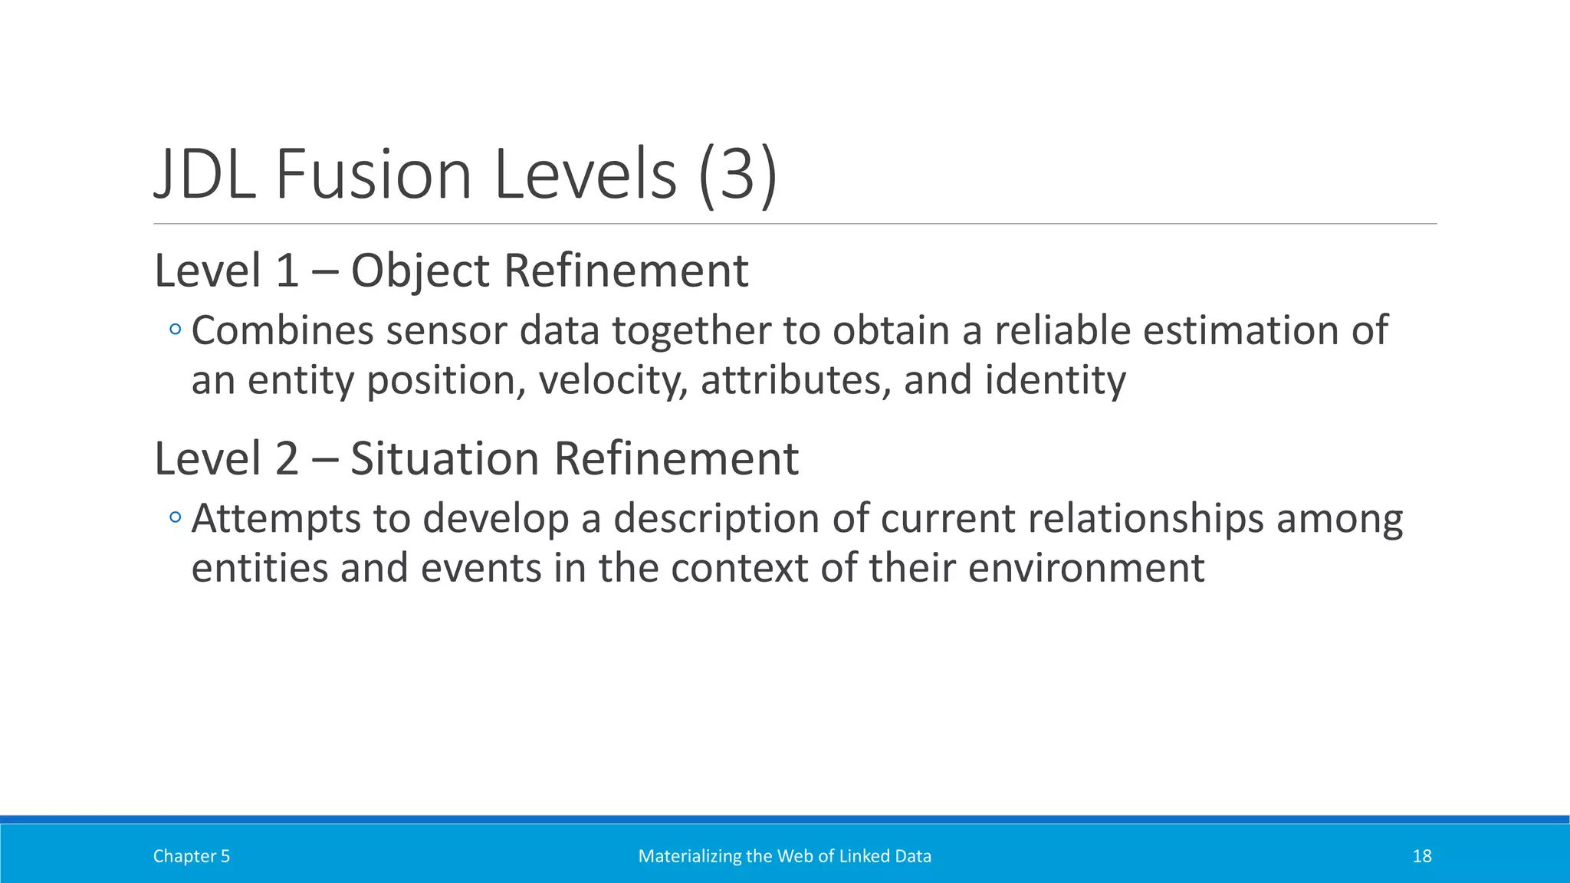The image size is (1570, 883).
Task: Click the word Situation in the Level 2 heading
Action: tap(445, 459)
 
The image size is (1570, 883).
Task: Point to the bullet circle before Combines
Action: tap(176, 330)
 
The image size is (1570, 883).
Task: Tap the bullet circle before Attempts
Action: tap(176, 518)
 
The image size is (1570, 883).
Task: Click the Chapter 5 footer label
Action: tap(191, 856)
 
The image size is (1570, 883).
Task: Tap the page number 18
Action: tap(1421, 856)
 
